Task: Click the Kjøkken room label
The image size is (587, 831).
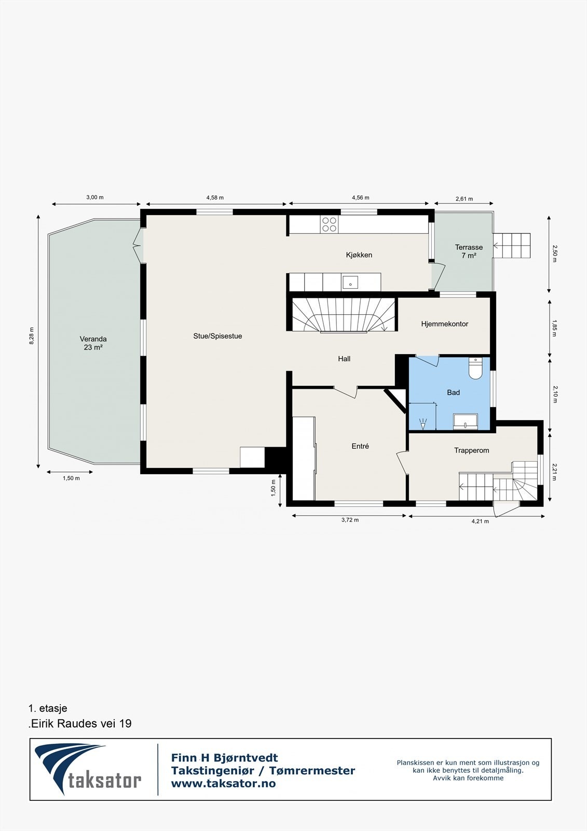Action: click(359, 255)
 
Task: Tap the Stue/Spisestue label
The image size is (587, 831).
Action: click(217, 336)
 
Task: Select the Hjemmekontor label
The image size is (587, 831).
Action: click(445, 324)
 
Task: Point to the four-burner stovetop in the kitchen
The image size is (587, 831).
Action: click(330, 224)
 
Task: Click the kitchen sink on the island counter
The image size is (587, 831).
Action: click(350, 283)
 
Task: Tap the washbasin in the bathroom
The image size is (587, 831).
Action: click(466, 421)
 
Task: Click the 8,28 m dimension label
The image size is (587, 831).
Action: click(32, 336)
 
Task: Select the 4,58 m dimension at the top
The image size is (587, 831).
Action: click(215, 198)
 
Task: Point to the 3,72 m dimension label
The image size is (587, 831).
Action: click(350, 520)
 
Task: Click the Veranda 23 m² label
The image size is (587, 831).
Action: click(93, 343)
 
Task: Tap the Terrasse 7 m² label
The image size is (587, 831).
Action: click(469, 251)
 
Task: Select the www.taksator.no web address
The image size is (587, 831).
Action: click(223, 784)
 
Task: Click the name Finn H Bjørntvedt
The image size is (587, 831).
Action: click(224, 758)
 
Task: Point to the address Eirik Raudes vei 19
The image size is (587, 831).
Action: click(80, 724)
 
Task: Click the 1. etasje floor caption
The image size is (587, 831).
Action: click(48, 708)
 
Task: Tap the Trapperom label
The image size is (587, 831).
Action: click(472, 450)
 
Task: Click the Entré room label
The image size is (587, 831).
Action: click(360, 446)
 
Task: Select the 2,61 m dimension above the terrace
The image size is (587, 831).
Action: click(465, 199)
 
